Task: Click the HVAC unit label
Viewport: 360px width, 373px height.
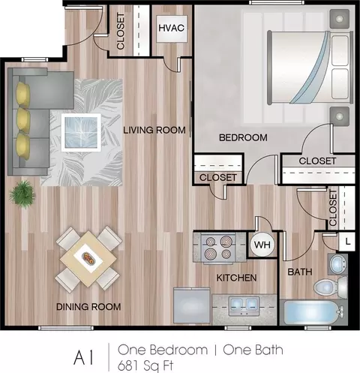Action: click(x=172, y=28)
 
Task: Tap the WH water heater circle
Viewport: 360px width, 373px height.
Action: click(x=262, y=245)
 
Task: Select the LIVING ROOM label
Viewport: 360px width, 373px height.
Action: click(x=154, y=130)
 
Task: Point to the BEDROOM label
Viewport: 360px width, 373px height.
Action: click(x=243, y=137)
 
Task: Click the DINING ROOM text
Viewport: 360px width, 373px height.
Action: click(x=88, y=307)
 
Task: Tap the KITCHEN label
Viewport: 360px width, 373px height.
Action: click(x=236, y=278)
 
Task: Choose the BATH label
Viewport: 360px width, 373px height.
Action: click(x=300, y=272)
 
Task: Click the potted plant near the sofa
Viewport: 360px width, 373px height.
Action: click(x=22, y=194)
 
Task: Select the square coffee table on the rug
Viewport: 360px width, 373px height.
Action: click(x=81, y=132)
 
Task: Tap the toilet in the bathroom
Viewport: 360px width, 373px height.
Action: click(x=330, y=287)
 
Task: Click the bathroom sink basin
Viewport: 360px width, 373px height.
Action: click(x=337, y=263)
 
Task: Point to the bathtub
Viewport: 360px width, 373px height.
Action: click(x=313, y=312)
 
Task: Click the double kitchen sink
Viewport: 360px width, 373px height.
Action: click(x=244, y=306)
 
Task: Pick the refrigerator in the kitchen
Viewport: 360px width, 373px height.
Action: click(x=192, y=306)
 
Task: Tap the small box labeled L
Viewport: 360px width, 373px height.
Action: click(x=347, y=242)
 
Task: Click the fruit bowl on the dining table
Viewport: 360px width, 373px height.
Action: click(x=89, y=258)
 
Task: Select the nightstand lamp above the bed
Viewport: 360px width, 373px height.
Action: click(x=339, y=19)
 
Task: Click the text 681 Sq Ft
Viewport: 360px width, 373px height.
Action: click(x=145, y=365)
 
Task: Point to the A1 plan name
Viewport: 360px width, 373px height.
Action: click(x=84, y=358)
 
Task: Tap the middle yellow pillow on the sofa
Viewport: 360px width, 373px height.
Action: click(x=23, y=119)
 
